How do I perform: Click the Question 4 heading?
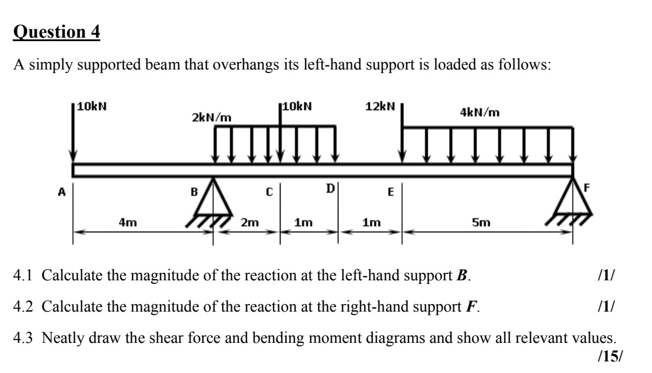tap(56, 32)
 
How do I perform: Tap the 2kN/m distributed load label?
tap(212, 118)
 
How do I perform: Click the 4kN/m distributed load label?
tap(480, 113)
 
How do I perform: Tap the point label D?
tap(330, 188)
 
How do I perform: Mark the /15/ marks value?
tap(606, 356)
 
